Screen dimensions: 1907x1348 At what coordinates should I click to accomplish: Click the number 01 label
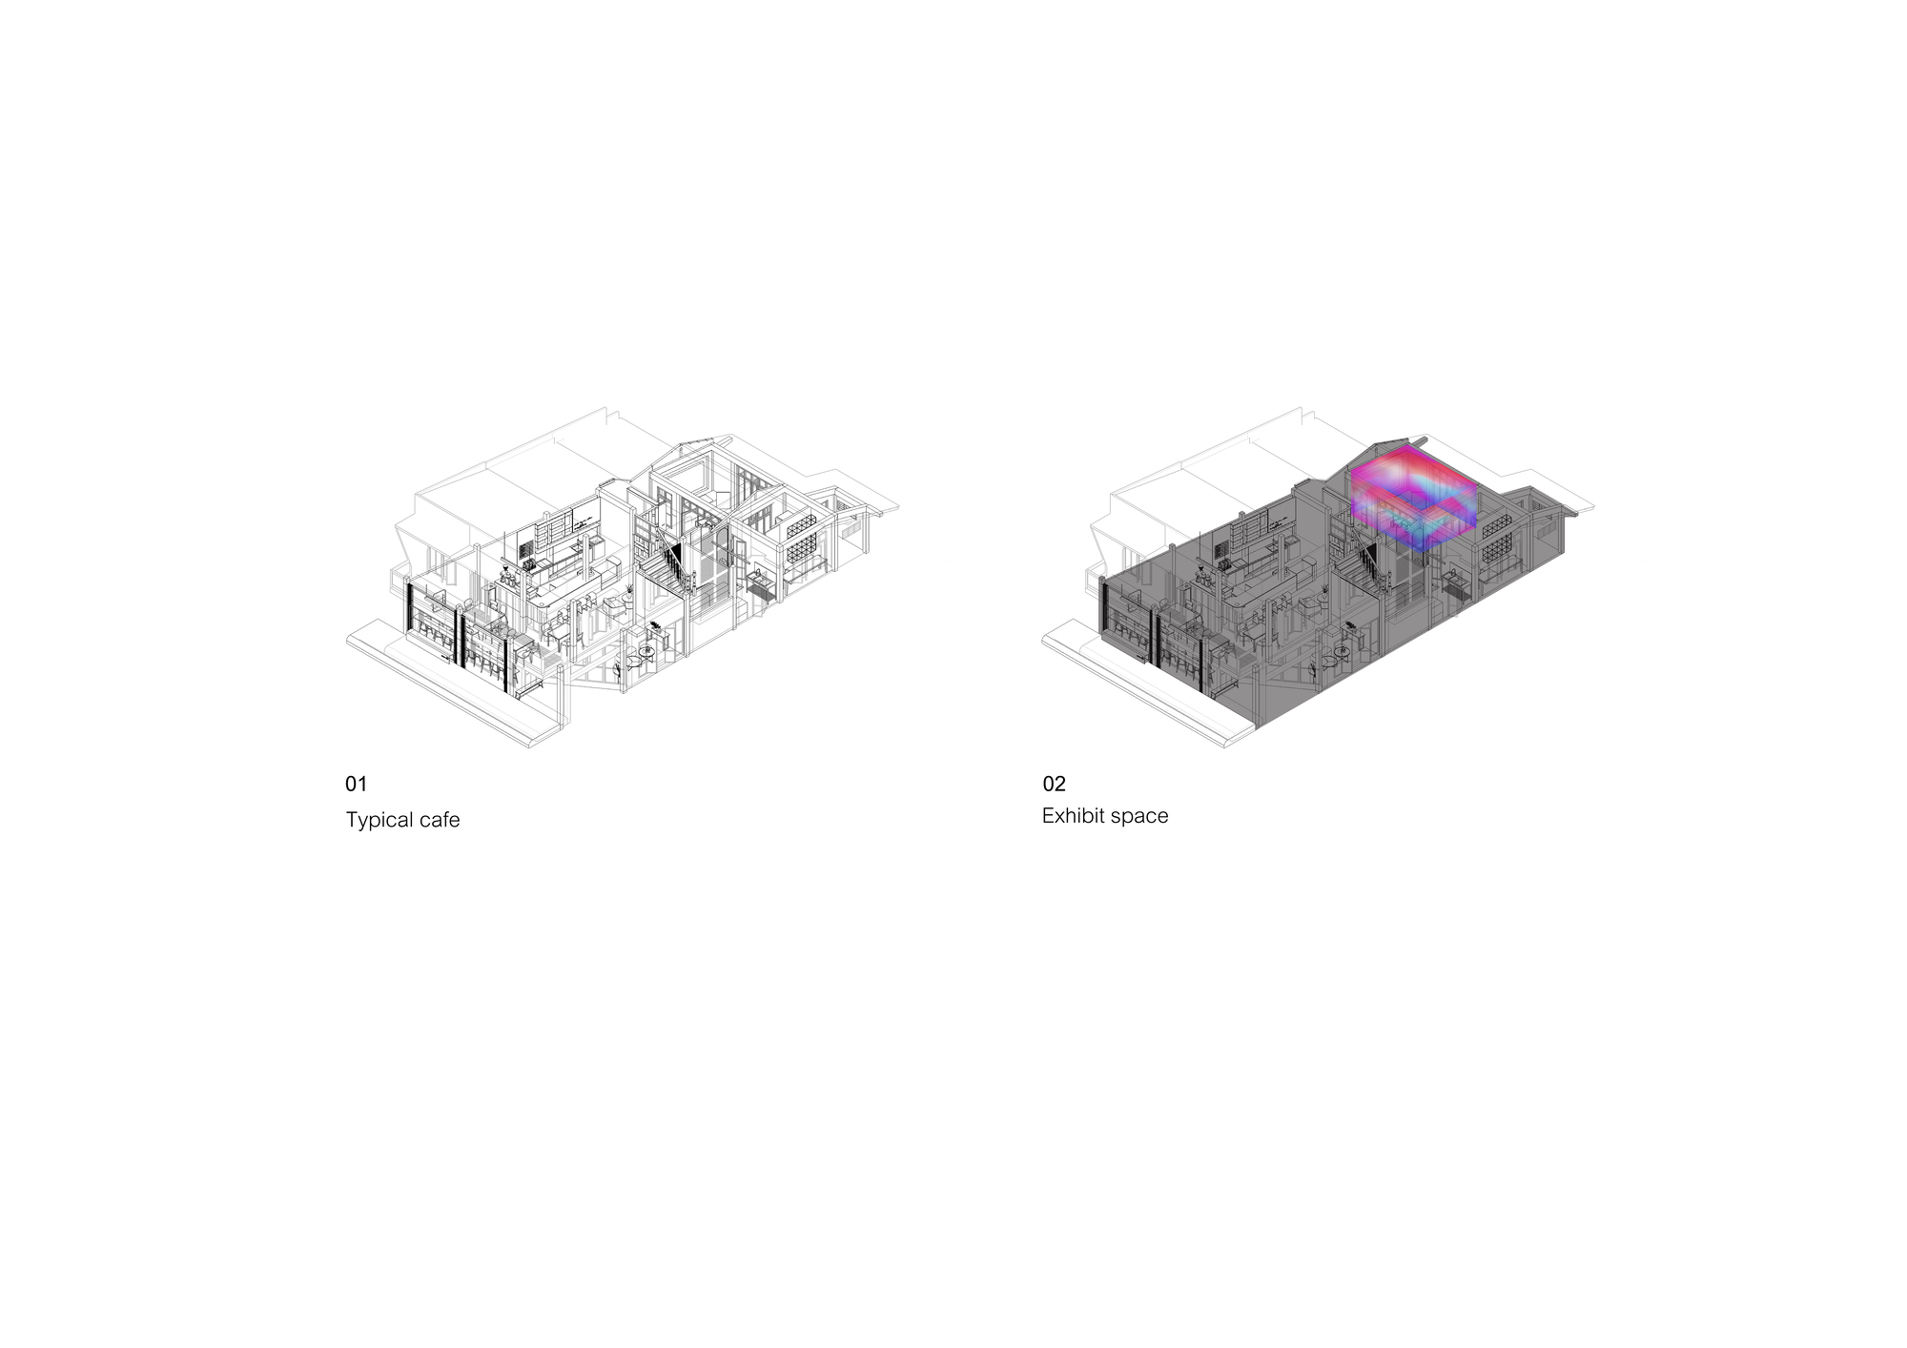(356, 784)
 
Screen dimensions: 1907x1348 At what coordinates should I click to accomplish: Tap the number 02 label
(1054, 784)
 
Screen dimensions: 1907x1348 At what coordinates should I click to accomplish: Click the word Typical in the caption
(379, 821)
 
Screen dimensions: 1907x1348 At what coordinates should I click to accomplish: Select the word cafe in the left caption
(440, 820)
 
